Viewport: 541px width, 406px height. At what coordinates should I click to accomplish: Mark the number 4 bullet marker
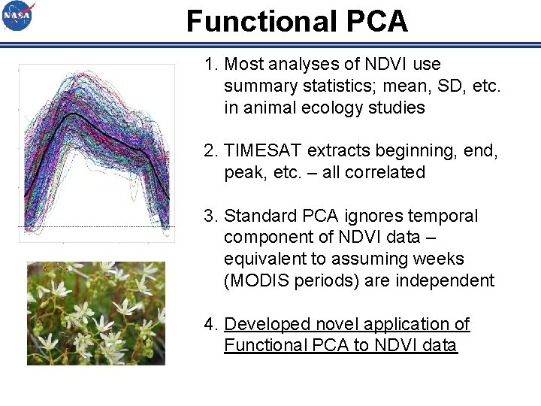[x=209, y=324]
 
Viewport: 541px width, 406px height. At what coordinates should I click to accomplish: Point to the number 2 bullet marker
[x=209, y=151]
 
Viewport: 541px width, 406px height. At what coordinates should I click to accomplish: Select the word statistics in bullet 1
[x=325, y=86]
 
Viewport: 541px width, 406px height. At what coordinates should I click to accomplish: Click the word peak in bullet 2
[x=241, y=172]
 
